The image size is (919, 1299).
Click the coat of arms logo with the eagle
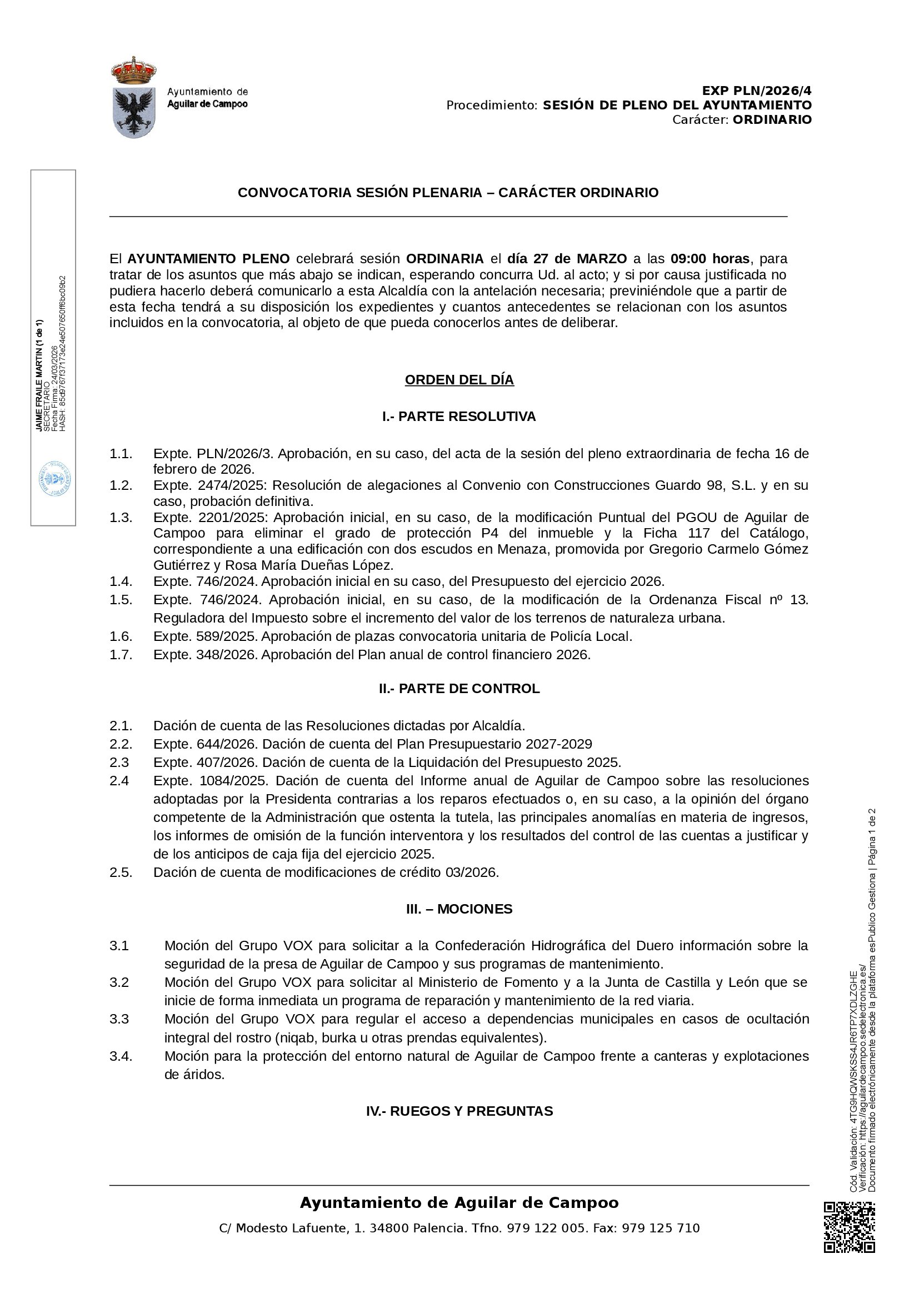134,97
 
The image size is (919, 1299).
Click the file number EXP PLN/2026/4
757,91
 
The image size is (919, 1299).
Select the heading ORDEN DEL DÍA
459,380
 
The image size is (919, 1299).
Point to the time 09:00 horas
710,259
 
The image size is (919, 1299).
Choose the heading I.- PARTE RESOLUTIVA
459,417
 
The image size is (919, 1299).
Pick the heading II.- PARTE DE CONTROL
459,689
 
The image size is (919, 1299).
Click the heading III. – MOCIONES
459,909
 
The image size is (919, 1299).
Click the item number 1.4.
121,581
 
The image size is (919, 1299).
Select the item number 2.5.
121,872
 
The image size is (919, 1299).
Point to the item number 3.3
119,1019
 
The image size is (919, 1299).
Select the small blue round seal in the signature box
54,479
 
